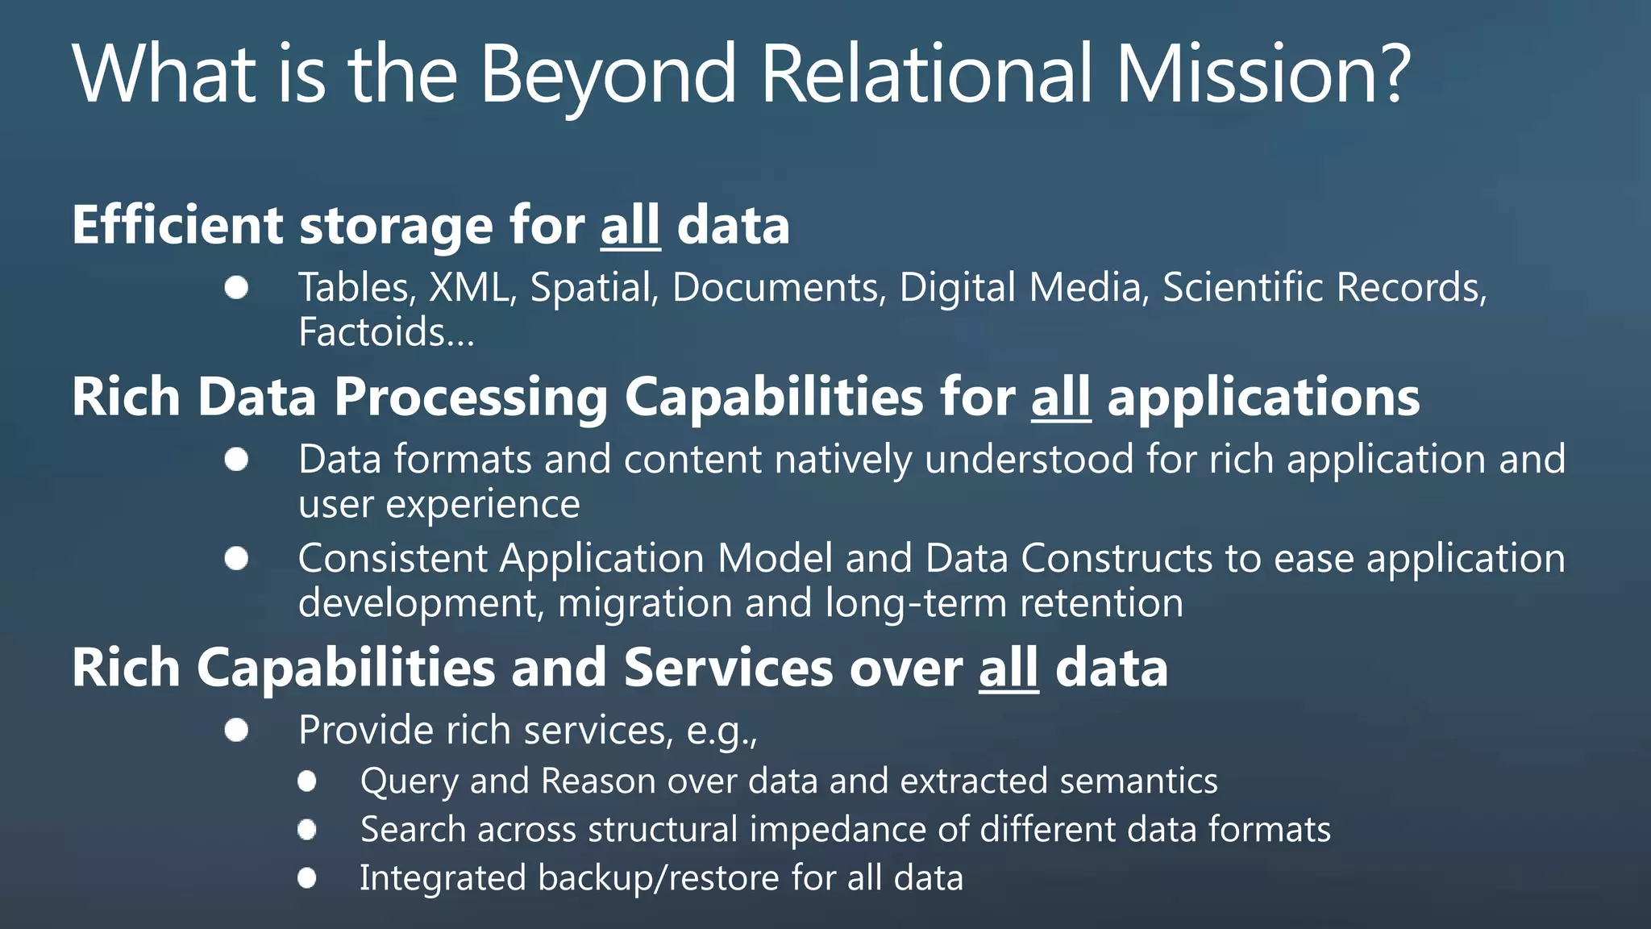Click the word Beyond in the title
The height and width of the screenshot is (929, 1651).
(608, 74)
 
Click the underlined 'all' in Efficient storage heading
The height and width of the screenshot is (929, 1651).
(630, 225)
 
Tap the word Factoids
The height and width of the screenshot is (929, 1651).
(386, 332)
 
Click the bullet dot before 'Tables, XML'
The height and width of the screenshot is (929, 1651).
(236, 288)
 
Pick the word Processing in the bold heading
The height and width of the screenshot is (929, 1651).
(471, 398)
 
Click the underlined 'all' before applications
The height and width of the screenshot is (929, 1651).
(1061, 398)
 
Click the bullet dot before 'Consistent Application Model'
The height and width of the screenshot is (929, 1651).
(236, 558)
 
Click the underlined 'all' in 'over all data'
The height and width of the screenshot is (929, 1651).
(1008, 669)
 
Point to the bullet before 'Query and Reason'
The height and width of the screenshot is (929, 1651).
(307, 781)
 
